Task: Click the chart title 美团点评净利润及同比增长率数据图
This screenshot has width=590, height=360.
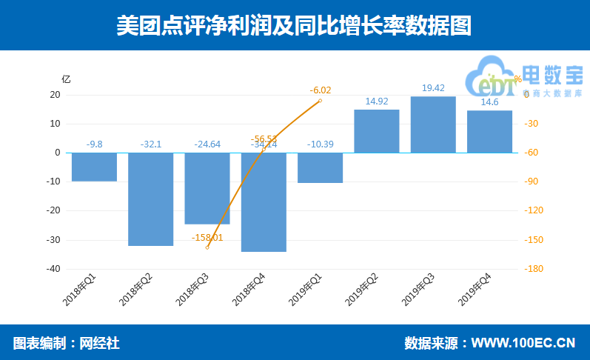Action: pyautogui.click(x=294, y=26)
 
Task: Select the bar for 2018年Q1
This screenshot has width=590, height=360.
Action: pyautogui.click(x=94, y=167)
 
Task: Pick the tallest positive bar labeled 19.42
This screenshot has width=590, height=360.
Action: pyautogui.click(x=433, y=124)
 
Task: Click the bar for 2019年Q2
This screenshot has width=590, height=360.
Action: pyautogui.click(x=377, y=131)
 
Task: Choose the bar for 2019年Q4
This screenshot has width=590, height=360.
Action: pyautogui.click(x=489, y=131)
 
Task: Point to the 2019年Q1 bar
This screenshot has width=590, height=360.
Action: pyautogui.click(x=320, y=167)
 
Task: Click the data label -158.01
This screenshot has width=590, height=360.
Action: pyautogui.click(x=207, y=238)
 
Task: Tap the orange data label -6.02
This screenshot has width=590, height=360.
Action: pyautogui.click(x=321, y=90)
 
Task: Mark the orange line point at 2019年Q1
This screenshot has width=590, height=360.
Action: pyautogui.click(x=321, y=100)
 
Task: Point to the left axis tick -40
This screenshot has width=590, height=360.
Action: pyautogui.click(x=53, y=269)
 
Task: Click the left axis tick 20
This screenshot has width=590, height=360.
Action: pyautogui.click(x=55, y=95)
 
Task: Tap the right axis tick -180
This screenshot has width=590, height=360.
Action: pyautogui.click(x=534, y=269)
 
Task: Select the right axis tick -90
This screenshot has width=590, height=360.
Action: pyautogui.click(x=532, y=181)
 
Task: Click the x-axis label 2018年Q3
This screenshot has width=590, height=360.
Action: pyautogui.click(x=193, y=290)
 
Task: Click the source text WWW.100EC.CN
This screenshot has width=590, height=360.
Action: pyautogui.click(x=523, y=343)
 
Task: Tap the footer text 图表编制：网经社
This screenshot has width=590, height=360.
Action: pyautogui.click(x=67, y=343)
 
